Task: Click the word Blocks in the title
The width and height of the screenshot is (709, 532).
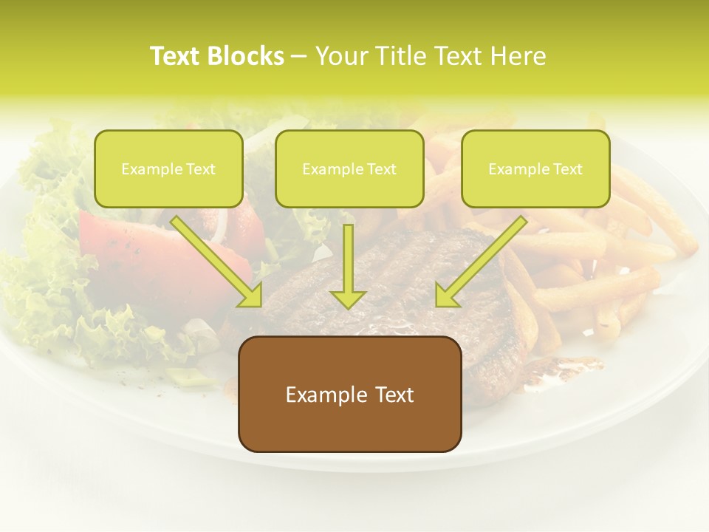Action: [247, 56]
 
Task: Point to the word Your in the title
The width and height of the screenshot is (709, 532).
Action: [341, 56]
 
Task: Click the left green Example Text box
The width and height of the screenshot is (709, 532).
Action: [168, 169]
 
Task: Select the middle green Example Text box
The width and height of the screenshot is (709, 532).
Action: [349, 169]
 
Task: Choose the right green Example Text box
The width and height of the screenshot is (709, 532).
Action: [535, 169]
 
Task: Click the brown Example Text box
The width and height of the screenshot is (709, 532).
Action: [349, 395]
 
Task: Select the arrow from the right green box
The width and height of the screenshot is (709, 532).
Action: [481, 262]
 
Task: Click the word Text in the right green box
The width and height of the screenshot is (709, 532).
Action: [567, 169]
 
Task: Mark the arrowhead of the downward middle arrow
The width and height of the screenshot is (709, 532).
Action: [348, 297]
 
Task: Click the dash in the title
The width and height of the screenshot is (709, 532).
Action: [299, 57]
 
